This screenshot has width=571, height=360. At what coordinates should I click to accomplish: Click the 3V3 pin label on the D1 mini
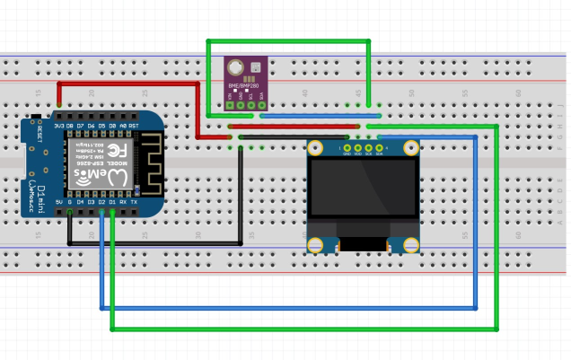[59, 127]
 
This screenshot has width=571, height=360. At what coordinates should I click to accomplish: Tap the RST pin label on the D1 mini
[134, 127]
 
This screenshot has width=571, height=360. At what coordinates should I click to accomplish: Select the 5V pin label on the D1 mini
[59, 202]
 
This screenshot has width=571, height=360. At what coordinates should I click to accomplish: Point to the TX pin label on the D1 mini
[134, 202]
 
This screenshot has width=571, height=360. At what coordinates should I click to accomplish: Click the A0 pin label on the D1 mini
[122, 127]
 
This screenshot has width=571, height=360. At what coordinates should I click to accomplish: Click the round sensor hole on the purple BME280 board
[235, 66]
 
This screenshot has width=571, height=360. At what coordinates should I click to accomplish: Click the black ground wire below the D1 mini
[153, 243]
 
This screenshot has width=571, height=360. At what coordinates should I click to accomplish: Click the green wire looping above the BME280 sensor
[287, 41]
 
